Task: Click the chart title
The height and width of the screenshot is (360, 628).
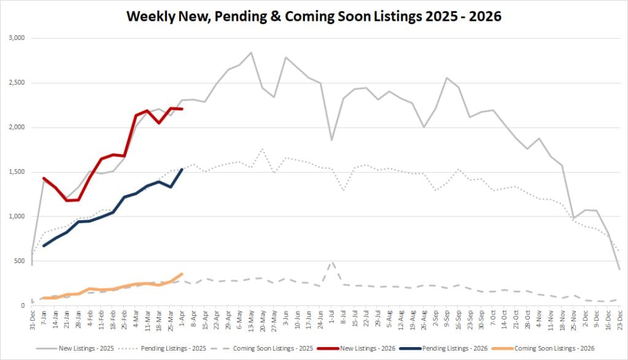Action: click(313, 17)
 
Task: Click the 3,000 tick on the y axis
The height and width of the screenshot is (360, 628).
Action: click(15, 38)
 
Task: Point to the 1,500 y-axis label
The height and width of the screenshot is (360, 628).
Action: click(15, 172)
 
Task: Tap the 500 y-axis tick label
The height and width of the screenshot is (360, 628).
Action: click(19, 261)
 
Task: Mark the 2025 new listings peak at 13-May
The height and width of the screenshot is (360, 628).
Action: click(251, 53)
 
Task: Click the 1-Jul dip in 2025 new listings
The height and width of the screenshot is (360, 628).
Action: click(332, 140)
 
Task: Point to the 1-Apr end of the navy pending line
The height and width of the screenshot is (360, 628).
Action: click(182, 169)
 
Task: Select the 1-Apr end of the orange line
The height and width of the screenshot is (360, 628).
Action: click(182, 274)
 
